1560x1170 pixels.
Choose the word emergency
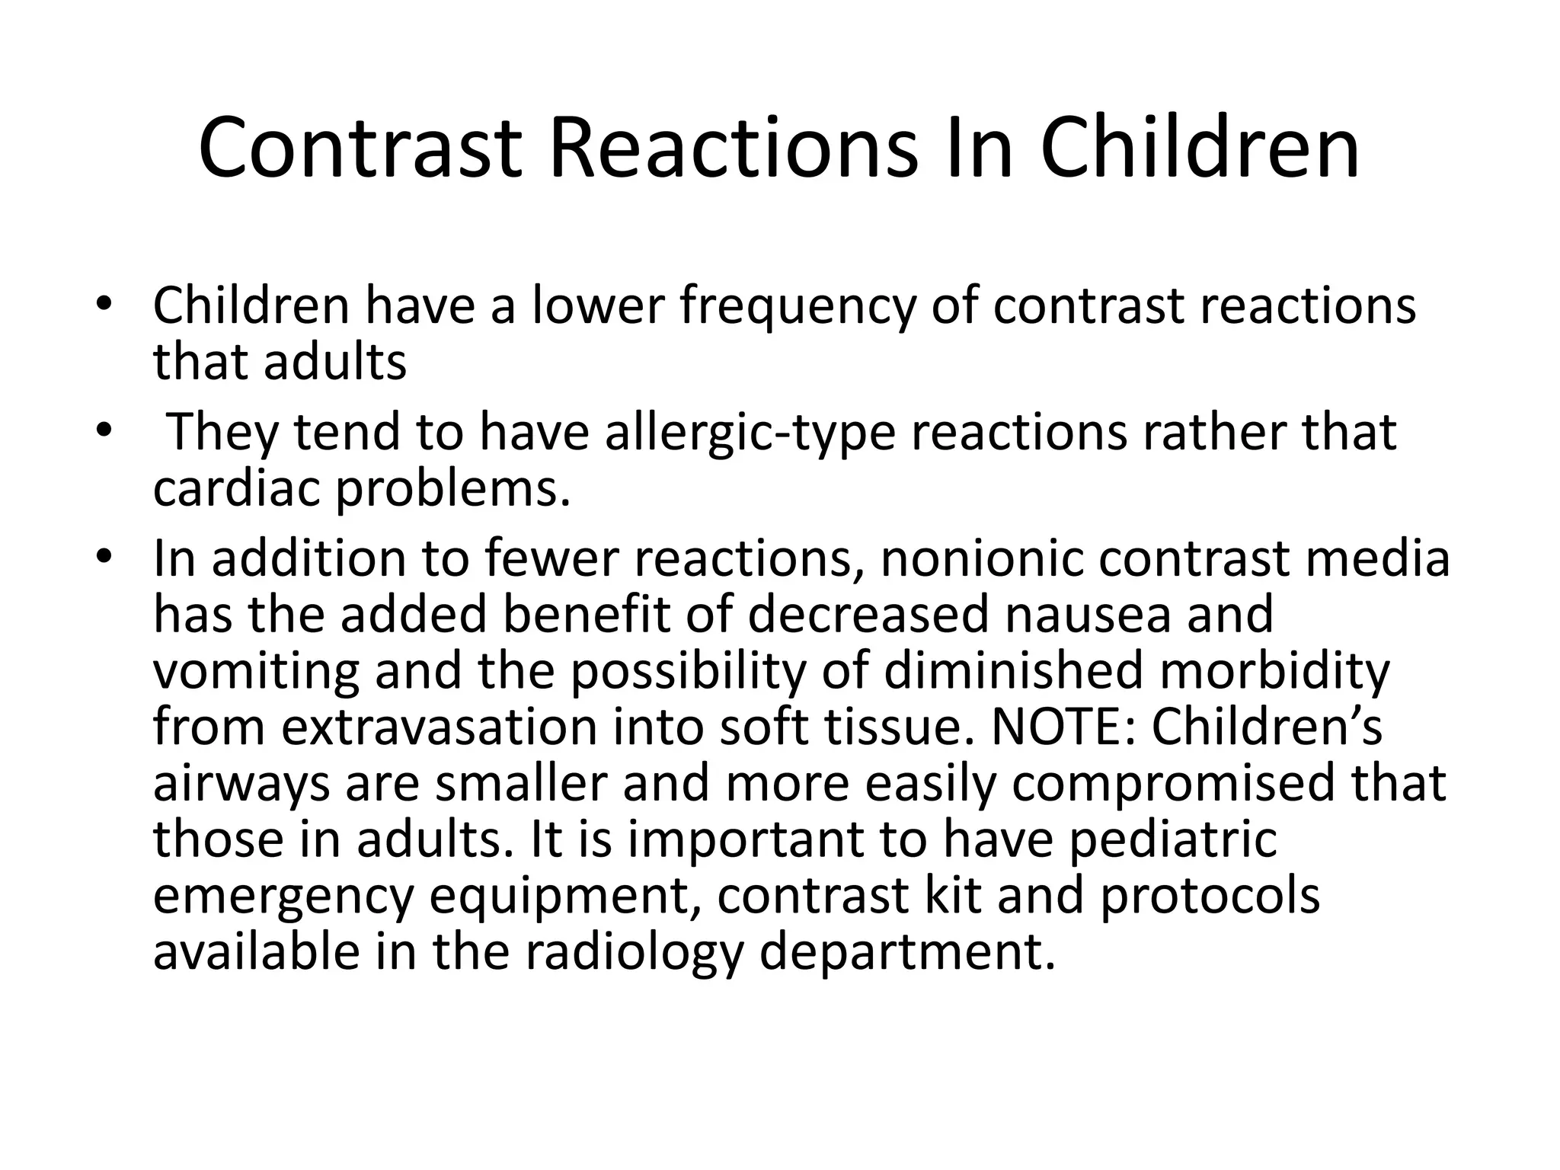click(x=283, y=897)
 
